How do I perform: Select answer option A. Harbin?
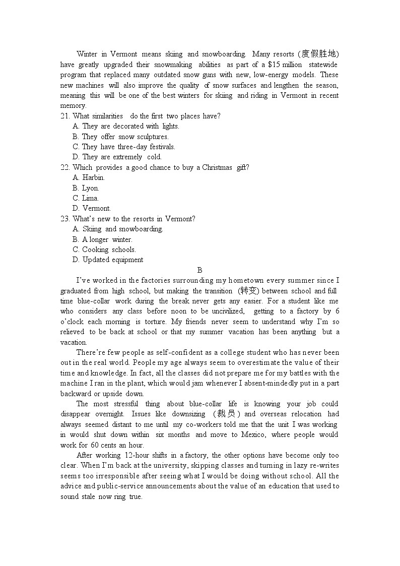coord(89,177)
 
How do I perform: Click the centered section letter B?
coord(199,270)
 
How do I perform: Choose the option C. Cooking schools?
coord(104,249)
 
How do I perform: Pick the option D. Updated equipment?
coord(108,260)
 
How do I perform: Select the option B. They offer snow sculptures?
coord(120,137)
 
